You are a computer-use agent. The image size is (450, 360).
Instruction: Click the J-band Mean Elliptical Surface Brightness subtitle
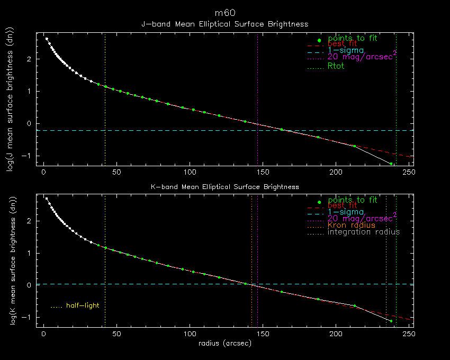coord(224,24)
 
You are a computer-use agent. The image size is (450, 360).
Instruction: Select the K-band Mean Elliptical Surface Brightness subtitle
coord(224,186)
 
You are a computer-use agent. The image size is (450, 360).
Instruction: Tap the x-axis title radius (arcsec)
coord(224,343)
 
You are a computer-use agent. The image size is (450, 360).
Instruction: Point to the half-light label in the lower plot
coord(82,305)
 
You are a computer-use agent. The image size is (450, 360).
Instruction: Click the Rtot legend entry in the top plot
coord(336,66)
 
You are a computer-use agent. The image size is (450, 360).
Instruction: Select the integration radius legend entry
coord(364,232)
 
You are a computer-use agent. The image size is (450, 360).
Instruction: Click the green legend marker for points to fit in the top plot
coord(319,40)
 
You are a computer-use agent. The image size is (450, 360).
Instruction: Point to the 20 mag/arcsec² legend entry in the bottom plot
coord(362,218)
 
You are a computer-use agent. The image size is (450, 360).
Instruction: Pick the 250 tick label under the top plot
coord(408,172)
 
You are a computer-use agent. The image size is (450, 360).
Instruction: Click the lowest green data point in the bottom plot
coord(391,321)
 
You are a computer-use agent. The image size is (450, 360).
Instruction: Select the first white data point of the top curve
coord(47,39)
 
